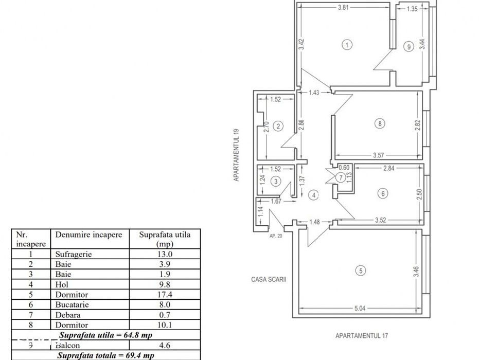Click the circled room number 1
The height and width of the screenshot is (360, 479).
[x=347, y=45]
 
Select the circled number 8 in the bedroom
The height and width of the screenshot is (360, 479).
[x=379, y=123]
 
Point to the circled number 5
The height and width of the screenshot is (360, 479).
[x=361, y=271]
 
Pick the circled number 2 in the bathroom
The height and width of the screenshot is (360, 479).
[x=278, y=126]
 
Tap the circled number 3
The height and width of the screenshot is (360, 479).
[x=276, y=181]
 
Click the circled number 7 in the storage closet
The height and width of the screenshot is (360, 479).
[x=339, y=177]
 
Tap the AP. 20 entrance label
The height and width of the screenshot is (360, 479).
[x=276, y=237]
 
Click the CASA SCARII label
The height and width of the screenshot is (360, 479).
[x=264, y=280]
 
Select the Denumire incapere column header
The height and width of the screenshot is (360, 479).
[x=88, y=235]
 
